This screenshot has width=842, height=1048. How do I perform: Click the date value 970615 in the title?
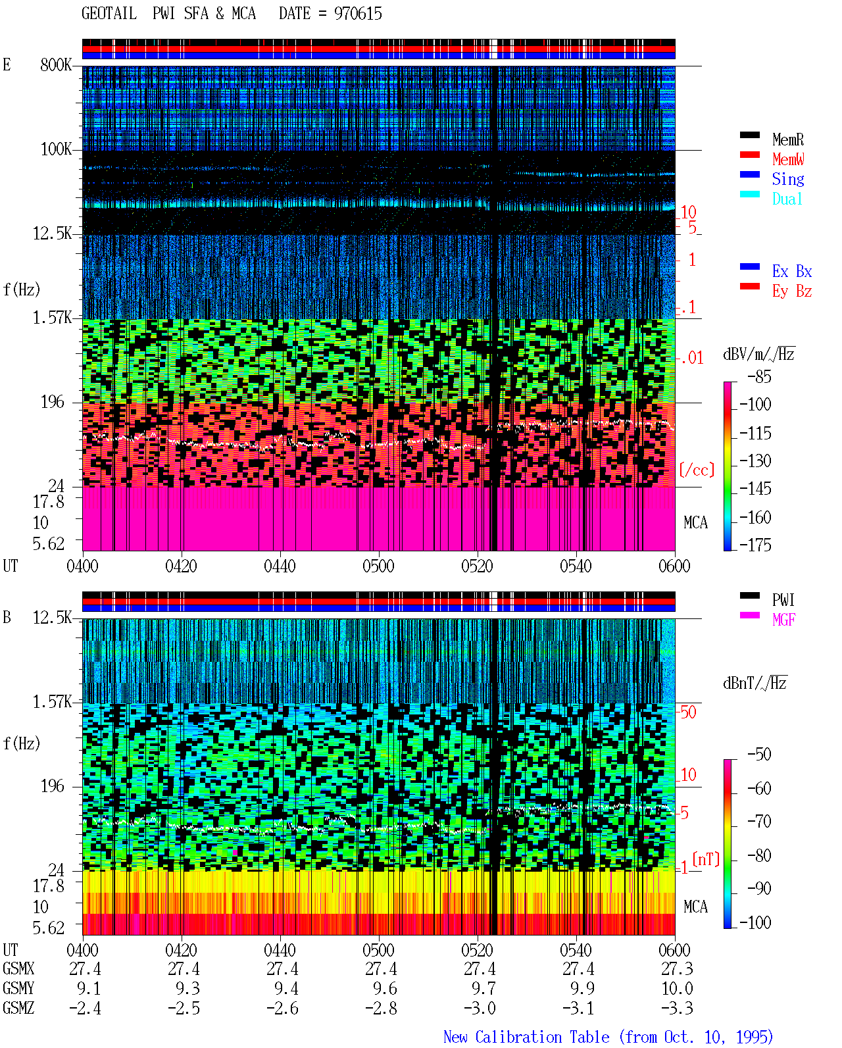[358, 13]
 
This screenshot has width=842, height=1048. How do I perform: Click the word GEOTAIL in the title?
[109, 13]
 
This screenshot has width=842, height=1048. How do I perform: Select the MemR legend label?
[788, 139]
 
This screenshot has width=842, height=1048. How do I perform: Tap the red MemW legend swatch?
[749, 155]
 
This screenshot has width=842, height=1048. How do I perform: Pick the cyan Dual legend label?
[787, 199]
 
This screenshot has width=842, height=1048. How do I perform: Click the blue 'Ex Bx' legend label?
[792, 271]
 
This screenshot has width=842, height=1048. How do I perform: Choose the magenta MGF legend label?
[783, 620]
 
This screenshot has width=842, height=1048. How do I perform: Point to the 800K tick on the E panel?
[56, 64]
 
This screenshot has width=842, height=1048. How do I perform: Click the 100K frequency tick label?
[56, 149]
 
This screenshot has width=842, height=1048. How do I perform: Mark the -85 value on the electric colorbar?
[759, 376]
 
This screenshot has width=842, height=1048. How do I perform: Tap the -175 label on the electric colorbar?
[755, 545]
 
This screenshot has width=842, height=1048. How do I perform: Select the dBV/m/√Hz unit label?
[759, 353]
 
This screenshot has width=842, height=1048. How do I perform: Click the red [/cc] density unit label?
[697, 470]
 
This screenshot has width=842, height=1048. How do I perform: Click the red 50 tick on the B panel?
[688, 712]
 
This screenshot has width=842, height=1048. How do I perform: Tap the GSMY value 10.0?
[677, 989]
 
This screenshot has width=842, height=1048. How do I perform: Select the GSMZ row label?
[18, 1008]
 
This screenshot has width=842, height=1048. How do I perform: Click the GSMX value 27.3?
[677, 969]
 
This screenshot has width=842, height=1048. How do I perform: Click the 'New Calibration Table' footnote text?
[526, 1037]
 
